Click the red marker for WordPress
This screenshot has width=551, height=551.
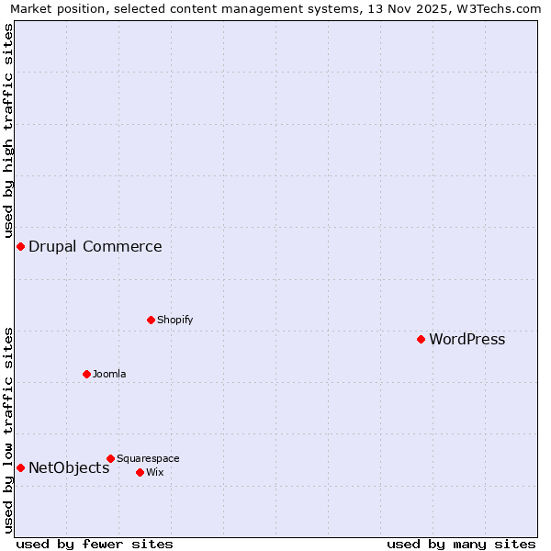tap(421, 339)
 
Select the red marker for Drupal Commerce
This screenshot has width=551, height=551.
tap(20, 246)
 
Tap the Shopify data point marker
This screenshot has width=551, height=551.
tap(151, 320)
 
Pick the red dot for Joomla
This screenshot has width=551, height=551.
tap(86, 374)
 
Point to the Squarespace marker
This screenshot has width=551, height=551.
tap(110, 458)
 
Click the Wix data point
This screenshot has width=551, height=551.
tap(140, 472)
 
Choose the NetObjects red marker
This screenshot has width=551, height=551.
tap(20, 467)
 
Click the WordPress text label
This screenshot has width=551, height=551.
tap(467, 340)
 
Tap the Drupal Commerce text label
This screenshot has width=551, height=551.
tap(95, 246)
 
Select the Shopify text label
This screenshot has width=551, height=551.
tap(174, 320)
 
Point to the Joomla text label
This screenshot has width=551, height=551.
tap(109, 374)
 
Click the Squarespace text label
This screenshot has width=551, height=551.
tap(148, 458)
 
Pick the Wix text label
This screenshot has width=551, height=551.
tap(154, 472)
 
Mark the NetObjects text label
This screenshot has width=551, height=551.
tap(69, 468)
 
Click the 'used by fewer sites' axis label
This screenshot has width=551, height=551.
tap(95, 544)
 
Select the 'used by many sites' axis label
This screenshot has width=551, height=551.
tap(461, 544)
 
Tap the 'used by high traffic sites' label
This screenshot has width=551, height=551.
tap(8, 130)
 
